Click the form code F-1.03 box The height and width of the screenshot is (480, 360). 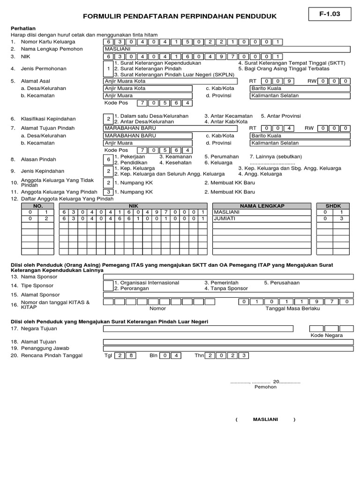[x=330, y=14]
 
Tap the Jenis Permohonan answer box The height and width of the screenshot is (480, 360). [x=108, y=69]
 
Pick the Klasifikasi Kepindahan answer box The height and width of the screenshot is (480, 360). [x=108, y=119]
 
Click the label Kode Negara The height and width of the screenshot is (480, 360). [x=327, y=335]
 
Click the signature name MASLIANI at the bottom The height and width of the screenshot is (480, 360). [x=265, y=420]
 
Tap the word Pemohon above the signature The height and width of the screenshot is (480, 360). [x=265, y=387]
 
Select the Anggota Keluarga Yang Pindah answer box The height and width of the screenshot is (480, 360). [x=108, y=192]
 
